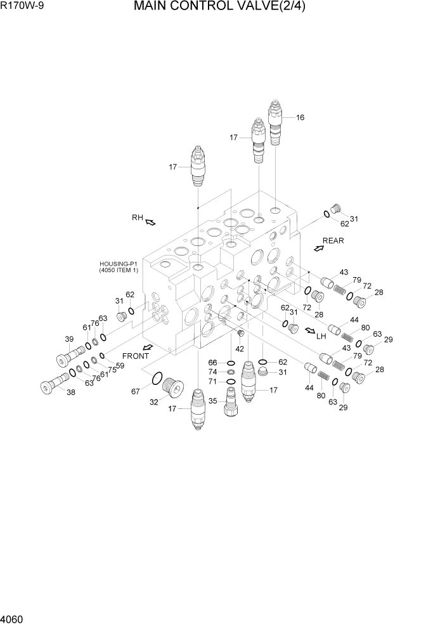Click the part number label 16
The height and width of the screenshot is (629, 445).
(x=300, y=117)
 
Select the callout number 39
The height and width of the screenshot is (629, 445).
(x=70, y=339)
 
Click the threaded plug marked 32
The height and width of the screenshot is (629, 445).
(x=172, y=386)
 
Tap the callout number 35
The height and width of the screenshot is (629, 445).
(x=213, y=401)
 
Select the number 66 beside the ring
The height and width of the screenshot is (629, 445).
(x=214, y=363)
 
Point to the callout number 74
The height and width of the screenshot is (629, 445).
(x=214, y=372)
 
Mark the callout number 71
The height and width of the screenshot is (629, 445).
(x=214, y=382)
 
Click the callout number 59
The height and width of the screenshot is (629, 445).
(x=120, y=365)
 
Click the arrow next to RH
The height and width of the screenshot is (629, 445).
(x=151, y=222)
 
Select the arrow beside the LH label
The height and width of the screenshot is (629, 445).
(x=310, y=330)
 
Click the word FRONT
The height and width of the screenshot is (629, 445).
(x=136, y=356)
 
